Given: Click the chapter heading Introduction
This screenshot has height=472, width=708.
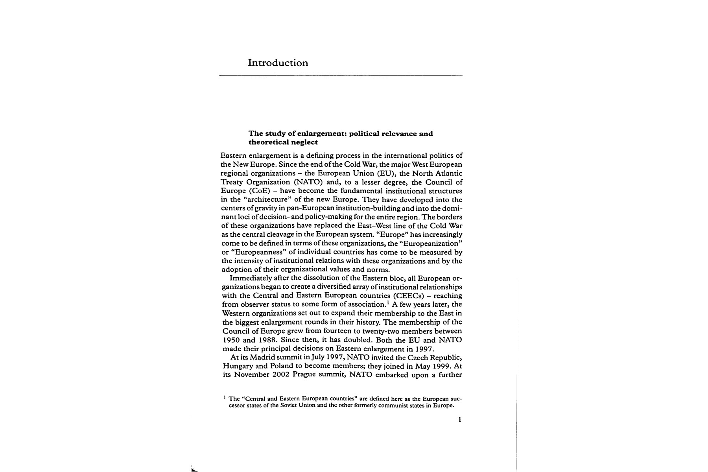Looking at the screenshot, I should tap(278, 63).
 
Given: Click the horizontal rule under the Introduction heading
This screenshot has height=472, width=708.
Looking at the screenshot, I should tap(341, 76).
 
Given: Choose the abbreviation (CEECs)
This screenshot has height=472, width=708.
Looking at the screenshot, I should tap(409, 296).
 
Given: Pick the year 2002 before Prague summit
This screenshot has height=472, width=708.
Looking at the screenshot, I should tap(281, 375).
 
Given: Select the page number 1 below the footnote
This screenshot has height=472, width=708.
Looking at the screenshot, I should tap(459, 420).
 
